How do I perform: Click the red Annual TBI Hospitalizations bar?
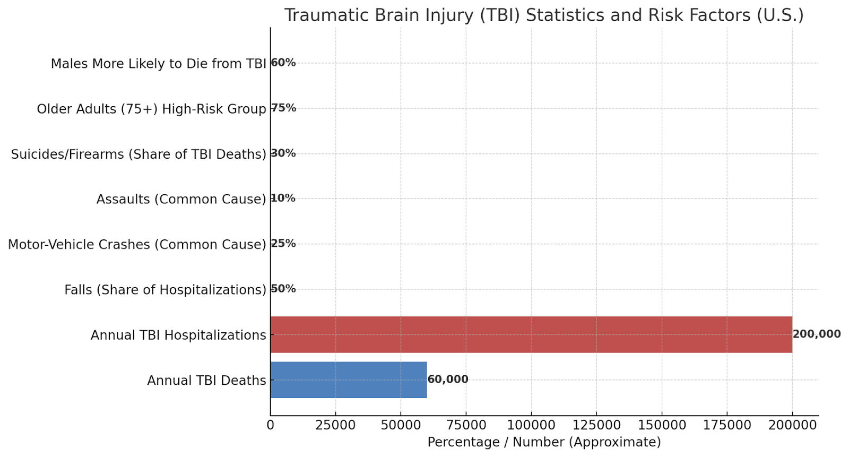pos(531,334)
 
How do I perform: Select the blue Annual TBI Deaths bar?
pos(348,380)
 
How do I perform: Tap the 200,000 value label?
pos(817,334)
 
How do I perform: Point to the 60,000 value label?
pos(448,380)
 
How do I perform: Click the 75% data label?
pos(284,108)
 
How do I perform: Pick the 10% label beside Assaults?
pos(283,198)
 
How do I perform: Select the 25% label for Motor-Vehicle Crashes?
pos(284,243)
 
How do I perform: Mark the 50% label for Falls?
pos(284,289)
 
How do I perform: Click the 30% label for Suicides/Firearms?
pos(284,153)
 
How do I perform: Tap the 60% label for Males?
pos(284,63)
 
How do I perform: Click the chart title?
pos(544,15)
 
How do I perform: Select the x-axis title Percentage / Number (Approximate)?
pos(544,442)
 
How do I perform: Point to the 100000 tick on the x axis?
pos(531,425)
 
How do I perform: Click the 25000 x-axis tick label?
pos(335,425)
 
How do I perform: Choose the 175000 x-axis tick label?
pos(727,425)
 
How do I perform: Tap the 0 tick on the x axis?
pos(271,425)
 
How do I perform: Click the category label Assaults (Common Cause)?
pos(181,199)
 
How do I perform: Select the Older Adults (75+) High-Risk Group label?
pos(151,109)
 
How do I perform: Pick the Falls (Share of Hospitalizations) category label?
pos(165,290)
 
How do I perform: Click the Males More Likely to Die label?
pos(158,64)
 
